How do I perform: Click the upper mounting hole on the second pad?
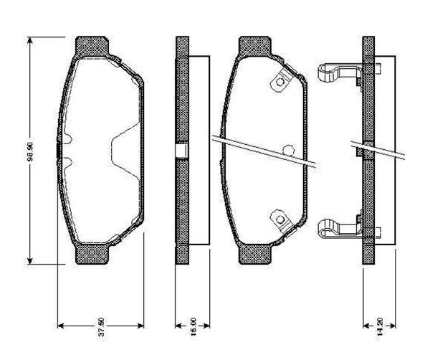(277, 84)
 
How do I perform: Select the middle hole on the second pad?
(289, 150)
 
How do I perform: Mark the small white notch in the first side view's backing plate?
(182, 151)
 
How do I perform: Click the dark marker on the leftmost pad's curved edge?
(57, 150)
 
